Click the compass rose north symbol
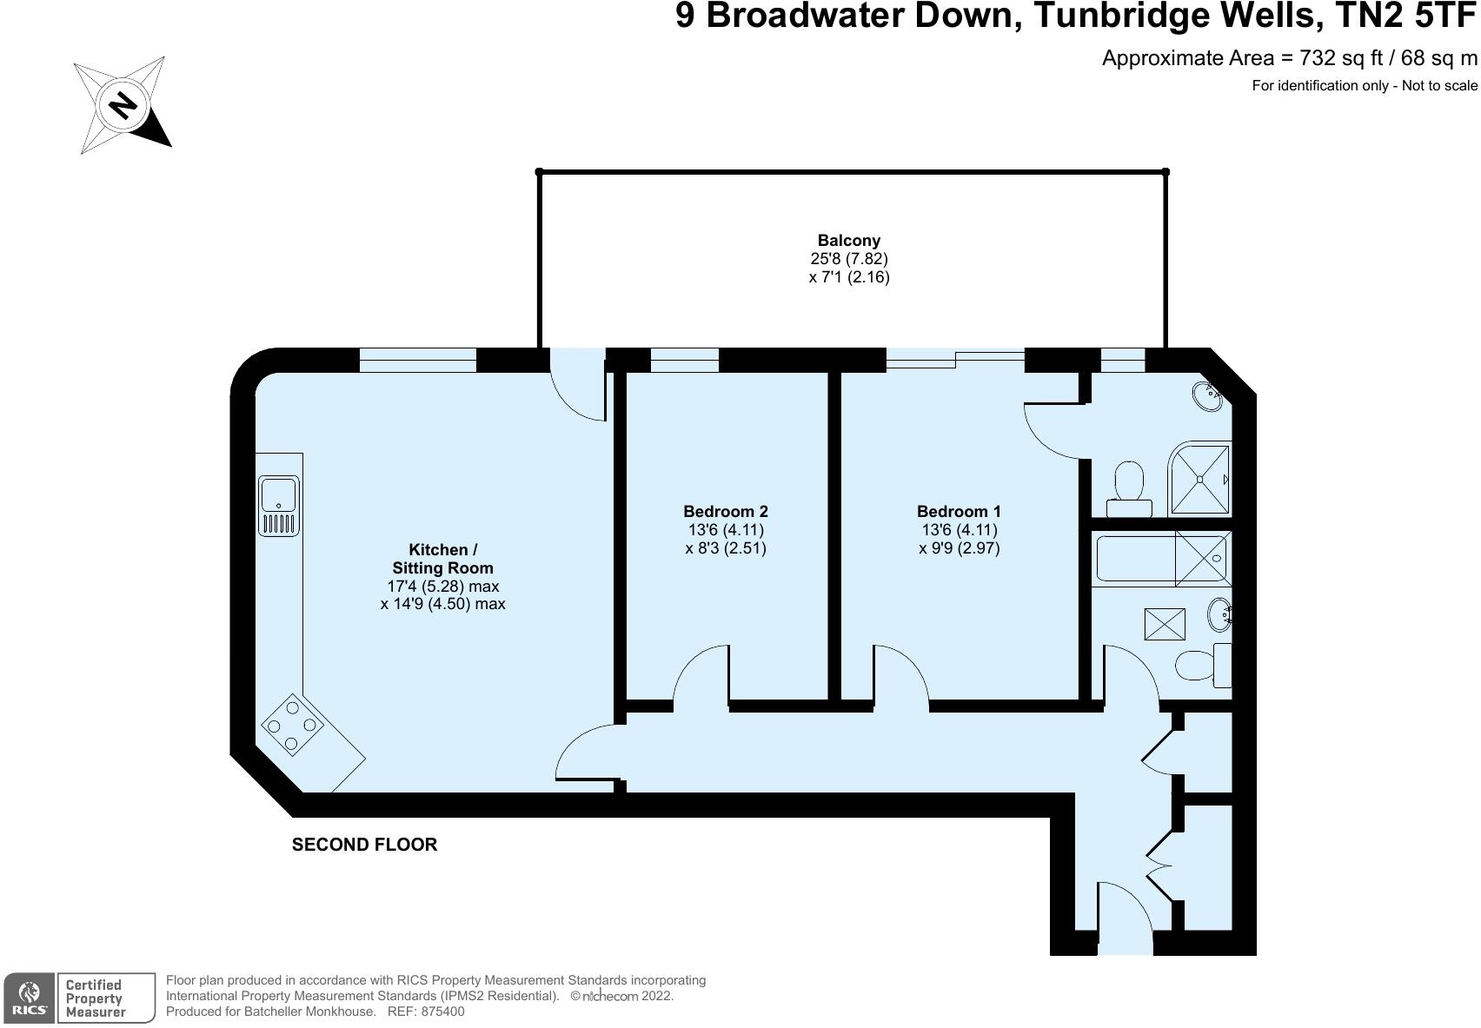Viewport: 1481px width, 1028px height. click(123, 106)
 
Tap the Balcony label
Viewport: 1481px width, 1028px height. click(848, 241)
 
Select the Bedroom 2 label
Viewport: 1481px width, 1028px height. click(725, 512)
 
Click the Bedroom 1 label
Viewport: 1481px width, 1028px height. click(959, 512)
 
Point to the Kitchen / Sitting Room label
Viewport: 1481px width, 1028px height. click(442, 558)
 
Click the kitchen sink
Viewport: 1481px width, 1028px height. click(278, 505)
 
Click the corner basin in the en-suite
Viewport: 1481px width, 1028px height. click(1208, 396)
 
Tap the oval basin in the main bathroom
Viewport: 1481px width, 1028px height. click(1219, 615)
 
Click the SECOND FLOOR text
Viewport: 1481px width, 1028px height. click(364, 845)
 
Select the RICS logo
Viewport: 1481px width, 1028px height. click(29, 998)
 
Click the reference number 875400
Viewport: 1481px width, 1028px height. click(442, 1011)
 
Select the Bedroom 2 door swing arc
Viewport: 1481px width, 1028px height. click(701, 673)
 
